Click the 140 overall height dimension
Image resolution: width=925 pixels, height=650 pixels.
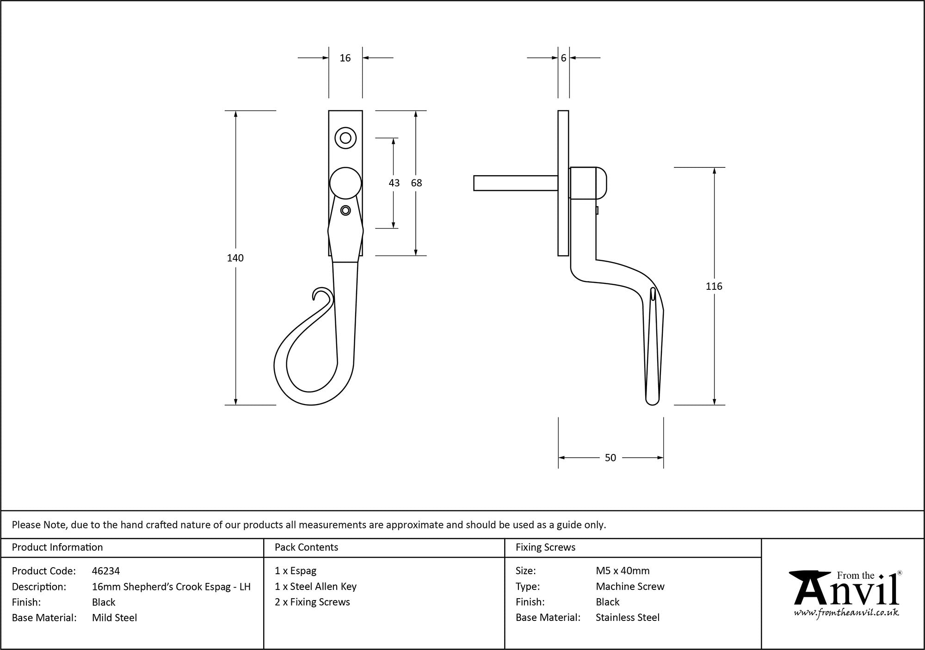click(x=235, y=258)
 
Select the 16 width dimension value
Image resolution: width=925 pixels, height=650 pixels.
click(x=345, y=58)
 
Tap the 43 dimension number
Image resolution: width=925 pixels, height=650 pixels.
click(x=394, y=183)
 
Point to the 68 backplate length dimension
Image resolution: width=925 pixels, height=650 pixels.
click(x=416, y=183)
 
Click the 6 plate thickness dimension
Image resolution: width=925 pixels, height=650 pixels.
click(x=563, y=58)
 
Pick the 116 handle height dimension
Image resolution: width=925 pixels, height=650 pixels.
click(x=714, y=287)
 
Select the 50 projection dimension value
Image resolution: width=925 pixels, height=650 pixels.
click(x=610, y=458)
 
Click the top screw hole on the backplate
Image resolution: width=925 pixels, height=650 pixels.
click(x=345, y=138)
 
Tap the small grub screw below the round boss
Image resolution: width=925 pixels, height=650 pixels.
click(x=345, y=210)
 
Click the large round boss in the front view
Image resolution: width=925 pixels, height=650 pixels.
click(x=345, y=183)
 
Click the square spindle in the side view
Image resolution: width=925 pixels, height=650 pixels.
click(x=515, y=183)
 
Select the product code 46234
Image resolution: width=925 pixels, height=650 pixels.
click(x=106, y=571)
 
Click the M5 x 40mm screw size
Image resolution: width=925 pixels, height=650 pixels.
click(x=623, y=571)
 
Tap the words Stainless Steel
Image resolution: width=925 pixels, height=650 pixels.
click(x=628, y=617)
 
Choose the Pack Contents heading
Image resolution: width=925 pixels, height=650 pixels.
click(x=306, y=547)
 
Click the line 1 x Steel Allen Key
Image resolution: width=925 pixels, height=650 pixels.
click(x=315, y=587)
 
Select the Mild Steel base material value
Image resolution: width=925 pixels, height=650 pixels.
click(x=114, y=618)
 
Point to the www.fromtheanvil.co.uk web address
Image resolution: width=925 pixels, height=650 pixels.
click(x=846, y=613)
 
